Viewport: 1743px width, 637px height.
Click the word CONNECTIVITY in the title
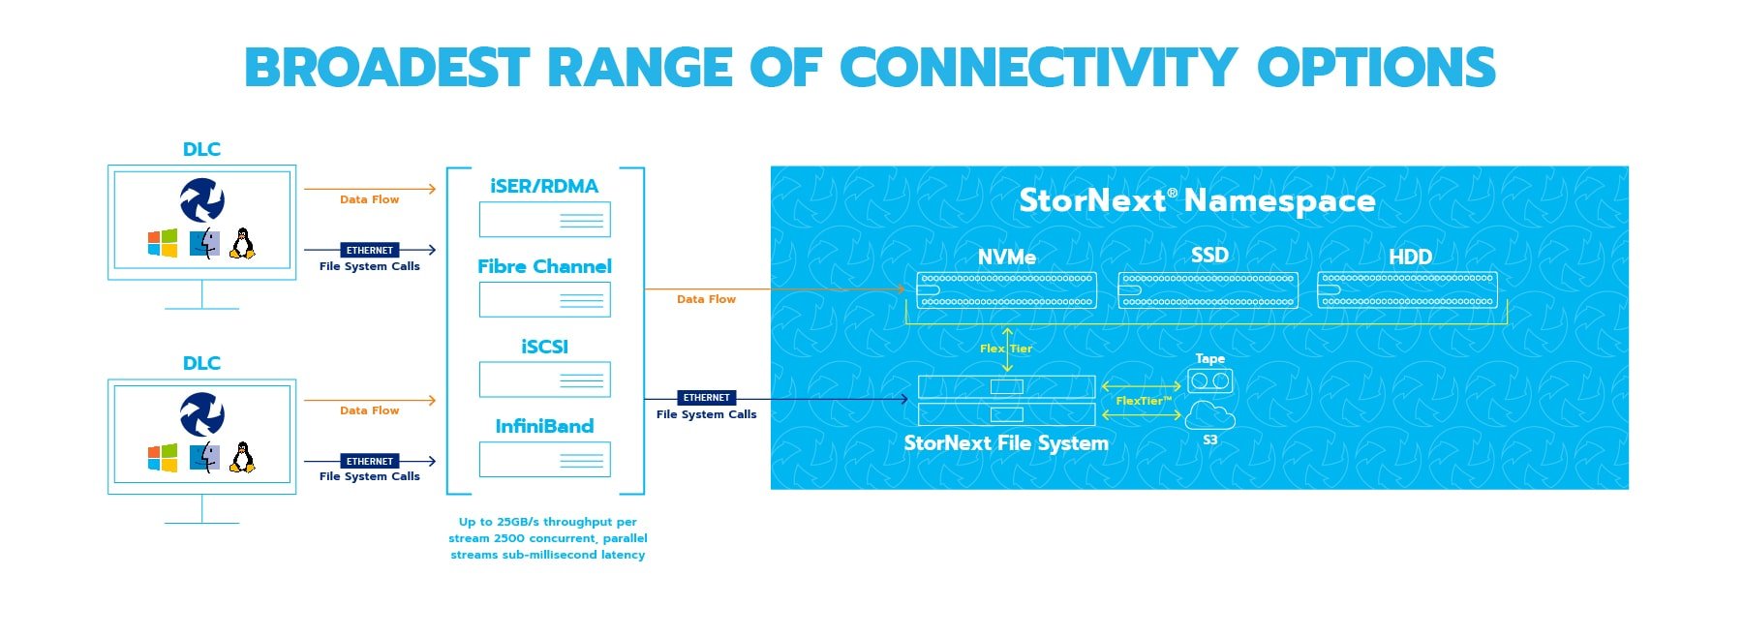[x=1038, y=68]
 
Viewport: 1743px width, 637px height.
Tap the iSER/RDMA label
[x=544, y=187]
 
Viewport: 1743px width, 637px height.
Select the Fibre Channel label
[x=544, y=267]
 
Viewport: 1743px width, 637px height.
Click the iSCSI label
[x=544, y=347]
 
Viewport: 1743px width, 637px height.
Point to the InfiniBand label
[x=544, y=427]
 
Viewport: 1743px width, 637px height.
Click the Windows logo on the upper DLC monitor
[x=163, y=243]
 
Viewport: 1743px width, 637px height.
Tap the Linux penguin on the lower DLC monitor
[x=243, y=457]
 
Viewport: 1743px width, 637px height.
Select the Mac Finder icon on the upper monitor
[x=204, y=243]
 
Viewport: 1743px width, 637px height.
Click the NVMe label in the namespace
[x=1006, y=258]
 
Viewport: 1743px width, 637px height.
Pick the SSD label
[x=1209, y=256]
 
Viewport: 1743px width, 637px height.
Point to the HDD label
[x=1410, y=258]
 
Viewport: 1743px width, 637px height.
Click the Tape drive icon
[x=1209, y=380]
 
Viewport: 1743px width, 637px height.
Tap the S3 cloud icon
[x=1209, y=416]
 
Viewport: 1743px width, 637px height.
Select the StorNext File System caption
[x=1006, y=443]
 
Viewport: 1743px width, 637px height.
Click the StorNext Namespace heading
[x=1197, y=200]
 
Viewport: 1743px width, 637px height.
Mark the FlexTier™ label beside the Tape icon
[x=1143, y=401]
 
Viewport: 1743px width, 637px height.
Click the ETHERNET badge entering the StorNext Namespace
[x=706, y=398]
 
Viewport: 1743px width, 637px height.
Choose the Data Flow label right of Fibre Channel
[x=706, y=300]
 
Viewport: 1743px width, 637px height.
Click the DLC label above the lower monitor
[x=201, y=364]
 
